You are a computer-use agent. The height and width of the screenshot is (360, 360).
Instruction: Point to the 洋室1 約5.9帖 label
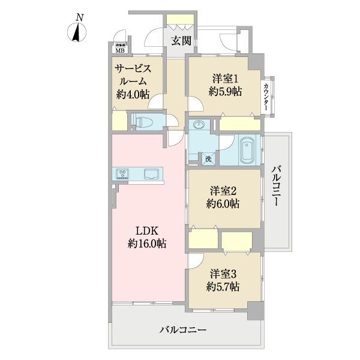click(x=225, y=85)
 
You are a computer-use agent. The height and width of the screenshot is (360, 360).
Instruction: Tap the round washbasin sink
click(x=199, y=125)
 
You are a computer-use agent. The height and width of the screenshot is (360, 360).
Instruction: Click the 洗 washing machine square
click(x=208, y=159)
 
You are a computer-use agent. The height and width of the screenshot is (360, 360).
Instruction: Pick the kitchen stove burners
click(x=122, y=174)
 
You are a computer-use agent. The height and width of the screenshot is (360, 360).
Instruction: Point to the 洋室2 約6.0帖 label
click(x=224, y=197)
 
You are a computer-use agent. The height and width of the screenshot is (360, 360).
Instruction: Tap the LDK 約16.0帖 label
click(x=146, y=237)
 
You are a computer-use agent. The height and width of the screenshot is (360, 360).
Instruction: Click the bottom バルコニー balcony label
click(x=183, y=330)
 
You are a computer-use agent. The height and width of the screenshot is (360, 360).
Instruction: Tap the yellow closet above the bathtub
click(x=238, y=124)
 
